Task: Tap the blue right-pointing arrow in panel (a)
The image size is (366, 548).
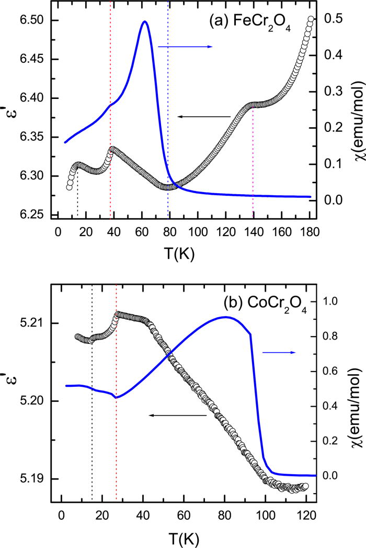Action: [185, 47]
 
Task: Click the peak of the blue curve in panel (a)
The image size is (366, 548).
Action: [145, 22]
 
